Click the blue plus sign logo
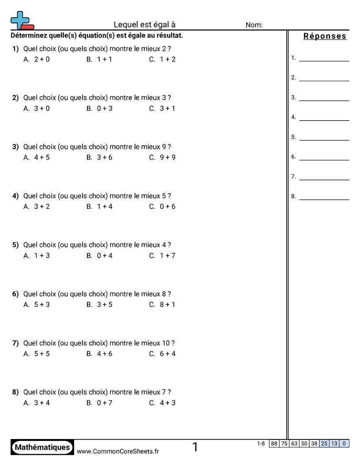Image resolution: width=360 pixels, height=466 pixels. pyautogui.click(x=19, y=19)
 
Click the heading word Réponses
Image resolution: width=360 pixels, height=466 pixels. pyautogui.click(x=325, y=36)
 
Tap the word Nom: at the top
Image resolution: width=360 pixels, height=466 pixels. pyautogui.click(x=254, y=25)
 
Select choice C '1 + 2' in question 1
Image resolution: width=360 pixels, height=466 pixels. pyautogui.click(x=162, y=59)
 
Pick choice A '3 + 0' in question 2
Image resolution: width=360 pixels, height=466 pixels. pyautogui.click(x=37, y=108)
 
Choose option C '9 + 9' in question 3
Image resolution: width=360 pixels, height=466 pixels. pyautogui.click(x=162, y=157)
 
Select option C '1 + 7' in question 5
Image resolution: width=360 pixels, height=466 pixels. pyautogui.click(x=162, y=256)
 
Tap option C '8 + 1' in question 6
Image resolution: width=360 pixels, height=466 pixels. pyautogui.click(x=162, y=304)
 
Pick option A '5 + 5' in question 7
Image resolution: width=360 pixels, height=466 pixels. pyautogui.click(x=37, y=353)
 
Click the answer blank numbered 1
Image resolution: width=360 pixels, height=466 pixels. pyautogui.click(x=324, y=58)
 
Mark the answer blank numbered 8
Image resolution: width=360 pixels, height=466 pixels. pyautogui.click(x=324, y=197)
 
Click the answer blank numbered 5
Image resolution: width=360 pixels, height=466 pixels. pyautogui.click(x=324, y=137)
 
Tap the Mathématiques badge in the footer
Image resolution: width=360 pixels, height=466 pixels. pyautogui.click(x=42, y=447)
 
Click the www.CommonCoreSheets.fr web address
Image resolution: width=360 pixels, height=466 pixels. pyautogui.click(x=118, y=451)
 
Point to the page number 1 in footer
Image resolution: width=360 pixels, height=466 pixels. pyautogui.click(x=195, y=447)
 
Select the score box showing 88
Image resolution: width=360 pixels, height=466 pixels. pyautogui.click(x=274, y=443)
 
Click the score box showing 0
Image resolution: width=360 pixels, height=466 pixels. pyautogui.click(x=344, y=443)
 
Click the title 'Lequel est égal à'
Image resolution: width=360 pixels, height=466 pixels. pyautogui.click(x=145, y=25)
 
